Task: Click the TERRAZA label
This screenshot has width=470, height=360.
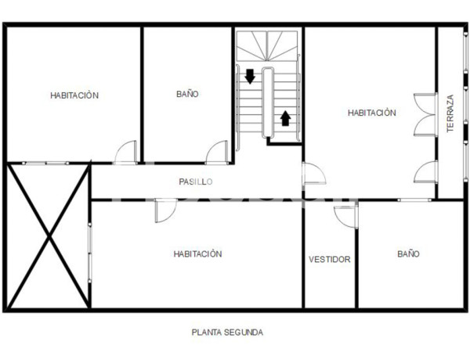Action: (450, 113)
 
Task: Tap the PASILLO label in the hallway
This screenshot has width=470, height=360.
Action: (196, 182)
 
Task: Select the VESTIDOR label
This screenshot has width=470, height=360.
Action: (330, 259)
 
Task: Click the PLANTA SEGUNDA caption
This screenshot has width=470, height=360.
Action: (227, 332)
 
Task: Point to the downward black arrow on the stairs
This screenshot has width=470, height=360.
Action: (250, 77)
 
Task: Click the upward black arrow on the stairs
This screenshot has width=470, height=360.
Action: (285, 118)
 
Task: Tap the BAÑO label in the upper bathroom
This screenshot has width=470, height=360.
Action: (187, 94)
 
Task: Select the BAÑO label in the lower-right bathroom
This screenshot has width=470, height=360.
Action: (408, 254)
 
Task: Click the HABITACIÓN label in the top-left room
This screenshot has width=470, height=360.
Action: (74, 95)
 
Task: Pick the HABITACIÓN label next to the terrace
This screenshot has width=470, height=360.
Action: (372, 113)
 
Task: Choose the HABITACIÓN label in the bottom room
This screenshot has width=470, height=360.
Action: (198, 254)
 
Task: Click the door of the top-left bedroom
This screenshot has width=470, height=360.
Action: (125, 153)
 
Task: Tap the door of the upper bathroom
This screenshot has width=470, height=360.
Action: (217, 153)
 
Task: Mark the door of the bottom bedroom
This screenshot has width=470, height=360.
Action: (166, 211)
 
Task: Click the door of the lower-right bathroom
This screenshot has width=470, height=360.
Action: (345, 214)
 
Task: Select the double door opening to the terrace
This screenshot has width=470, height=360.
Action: (425, 115)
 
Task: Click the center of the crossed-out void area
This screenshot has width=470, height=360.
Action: (49, 236)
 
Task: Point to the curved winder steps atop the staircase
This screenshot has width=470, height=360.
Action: (268, 47)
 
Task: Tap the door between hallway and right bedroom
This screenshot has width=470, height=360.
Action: (313, 174)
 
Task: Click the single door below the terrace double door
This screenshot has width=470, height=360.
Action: (426, 172)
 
